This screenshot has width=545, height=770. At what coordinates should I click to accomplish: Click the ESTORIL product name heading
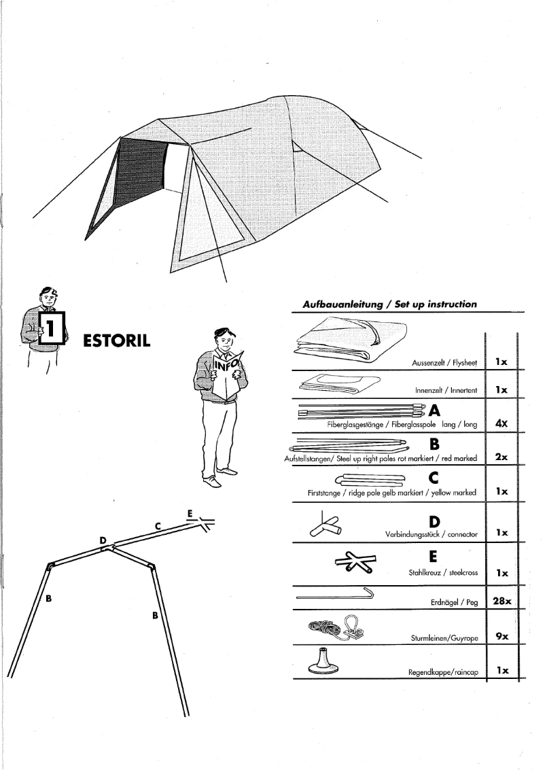(x=116, y=340)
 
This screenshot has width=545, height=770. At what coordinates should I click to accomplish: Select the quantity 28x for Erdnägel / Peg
(x=502, y=601)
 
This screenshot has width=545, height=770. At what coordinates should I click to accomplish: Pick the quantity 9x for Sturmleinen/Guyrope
(x=502, y=636)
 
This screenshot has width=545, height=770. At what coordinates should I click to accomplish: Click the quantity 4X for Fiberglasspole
(x=502, y=423)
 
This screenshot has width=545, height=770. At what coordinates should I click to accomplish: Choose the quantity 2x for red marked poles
(x=502, y=457)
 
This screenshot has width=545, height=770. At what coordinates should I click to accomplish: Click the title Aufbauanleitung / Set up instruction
(x=389, y=304)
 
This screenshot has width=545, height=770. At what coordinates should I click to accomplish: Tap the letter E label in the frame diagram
(x=190, y=512)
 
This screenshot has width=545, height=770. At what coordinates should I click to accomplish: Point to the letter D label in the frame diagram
(x=103, y=540)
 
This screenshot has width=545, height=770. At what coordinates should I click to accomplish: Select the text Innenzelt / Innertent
(x=446, y=391)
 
